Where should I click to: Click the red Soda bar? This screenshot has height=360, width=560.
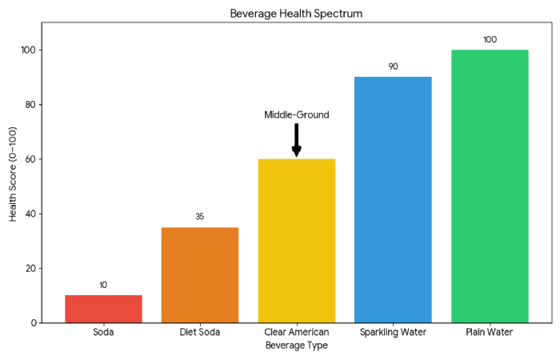tap(103, 309)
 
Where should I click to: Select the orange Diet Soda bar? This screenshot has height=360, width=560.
tap(200, 274)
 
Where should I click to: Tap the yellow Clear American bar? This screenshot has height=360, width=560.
tap(296, 240)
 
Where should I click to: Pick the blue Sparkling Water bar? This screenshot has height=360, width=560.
tap(393, 199)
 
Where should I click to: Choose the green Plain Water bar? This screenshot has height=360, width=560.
tap(490, 186)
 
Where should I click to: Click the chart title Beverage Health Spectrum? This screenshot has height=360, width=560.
tap(296, 14)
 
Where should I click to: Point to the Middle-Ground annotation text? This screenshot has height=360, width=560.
tap(296, 114)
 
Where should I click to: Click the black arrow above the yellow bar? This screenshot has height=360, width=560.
tap(296, 139)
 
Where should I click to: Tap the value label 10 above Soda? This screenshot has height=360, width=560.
tap(103, 285)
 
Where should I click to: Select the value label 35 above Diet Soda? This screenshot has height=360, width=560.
tap(200, 217)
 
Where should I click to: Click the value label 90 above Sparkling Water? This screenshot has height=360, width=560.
tap(393, 66)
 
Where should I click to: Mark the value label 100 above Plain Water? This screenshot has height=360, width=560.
tap(490, 39)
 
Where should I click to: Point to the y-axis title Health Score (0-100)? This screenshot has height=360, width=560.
tap(14, 172)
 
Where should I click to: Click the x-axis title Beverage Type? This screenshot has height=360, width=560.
tap(296, 346)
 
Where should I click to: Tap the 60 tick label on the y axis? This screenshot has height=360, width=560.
tap(30, 159)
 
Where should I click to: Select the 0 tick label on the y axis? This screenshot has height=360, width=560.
tap(33, 323)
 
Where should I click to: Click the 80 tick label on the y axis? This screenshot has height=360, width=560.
tap(30, 105)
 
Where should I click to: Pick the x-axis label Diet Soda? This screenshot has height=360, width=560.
tap(200, 332)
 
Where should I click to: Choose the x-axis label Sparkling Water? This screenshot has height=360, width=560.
tap(393, 332)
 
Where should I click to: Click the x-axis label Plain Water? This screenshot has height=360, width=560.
tap(490, 332)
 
